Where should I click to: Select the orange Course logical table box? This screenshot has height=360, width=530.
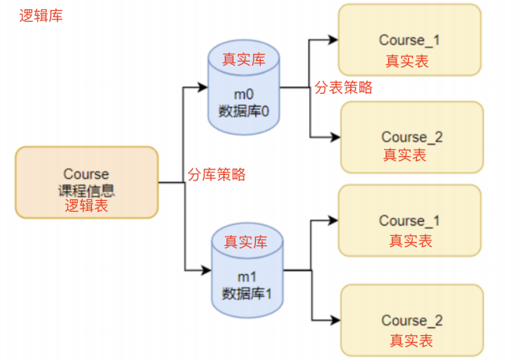tap(87, 182)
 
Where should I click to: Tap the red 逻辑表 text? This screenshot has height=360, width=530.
tap(86, 206)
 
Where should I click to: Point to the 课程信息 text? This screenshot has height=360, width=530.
tap(86, 190)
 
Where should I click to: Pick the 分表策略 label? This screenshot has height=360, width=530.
tap(343, 87)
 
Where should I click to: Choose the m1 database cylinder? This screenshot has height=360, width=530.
tap(246, 269)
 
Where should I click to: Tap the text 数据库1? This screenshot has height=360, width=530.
tap(246, 294)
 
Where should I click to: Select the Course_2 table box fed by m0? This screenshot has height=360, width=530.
tap(411, 137)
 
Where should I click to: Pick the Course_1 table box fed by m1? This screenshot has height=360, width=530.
tap(409, 220)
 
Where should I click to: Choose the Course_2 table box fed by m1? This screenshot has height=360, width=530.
tap(411, 320)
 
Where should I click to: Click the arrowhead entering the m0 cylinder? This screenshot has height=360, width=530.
tap(204, 87)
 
